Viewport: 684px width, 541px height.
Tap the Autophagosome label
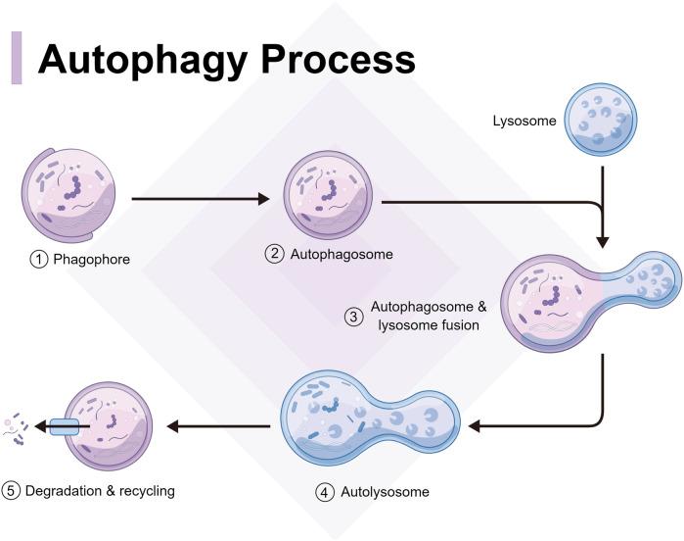click(342, 254)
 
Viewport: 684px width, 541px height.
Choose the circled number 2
click(275, 254)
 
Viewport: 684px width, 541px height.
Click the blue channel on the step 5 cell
click(69, 427)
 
